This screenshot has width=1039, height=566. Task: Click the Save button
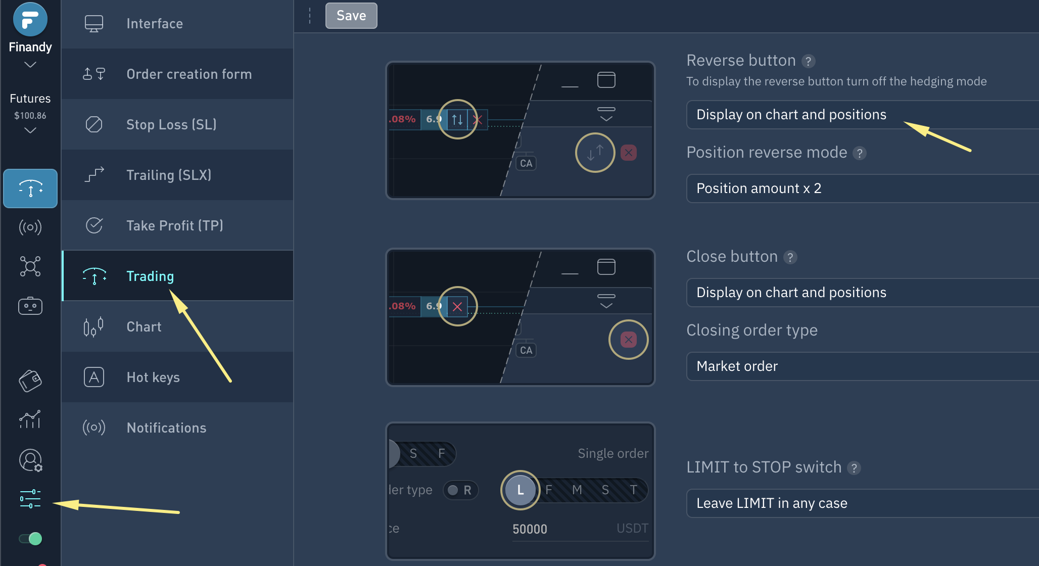[351, 16]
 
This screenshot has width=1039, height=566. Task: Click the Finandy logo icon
[30, 19]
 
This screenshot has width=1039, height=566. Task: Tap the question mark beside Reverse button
[809, 61]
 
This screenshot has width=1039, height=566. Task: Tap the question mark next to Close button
[790, 257]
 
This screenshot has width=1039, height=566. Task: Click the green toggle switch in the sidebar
[30, 539]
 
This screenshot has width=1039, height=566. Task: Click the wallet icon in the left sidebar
[30, 381]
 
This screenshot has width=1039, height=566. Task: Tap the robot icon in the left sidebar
[30, 306]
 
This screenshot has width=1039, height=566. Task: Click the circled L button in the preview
[521, 490]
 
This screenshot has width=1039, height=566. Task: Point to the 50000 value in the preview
[530, 529]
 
